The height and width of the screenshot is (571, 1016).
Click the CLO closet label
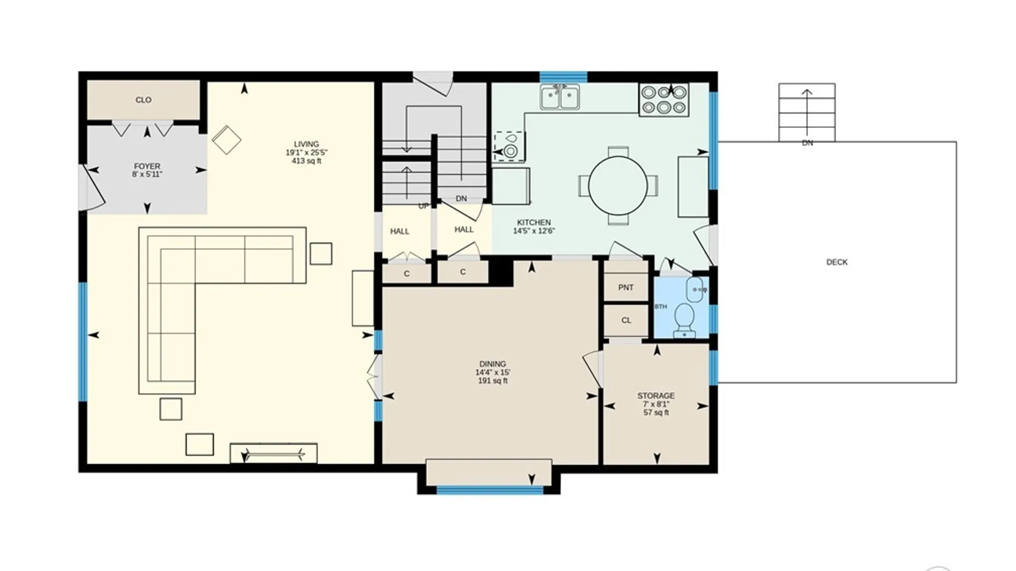pyautogui.click(x=143, y=100)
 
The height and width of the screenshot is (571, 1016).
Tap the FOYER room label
pyautogui.click(x=147, y=166)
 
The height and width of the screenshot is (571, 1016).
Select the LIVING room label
pyautogui.click(x=306, y=144)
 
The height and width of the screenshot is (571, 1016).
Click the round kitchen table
pyautogui.click(x=618, y=186)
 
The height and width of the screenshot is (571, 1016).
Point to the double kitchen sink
pyautogui.click(x=560, y=97)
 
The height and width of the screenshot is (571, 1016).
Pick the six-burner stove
pyautogui.click(x=664, y=100)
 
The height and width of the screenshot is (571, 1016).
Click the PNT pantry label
pyautogui.click(x=626, y=288)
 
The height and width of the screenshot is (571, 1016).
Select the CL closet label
pyautogui.click(x=627, y=320)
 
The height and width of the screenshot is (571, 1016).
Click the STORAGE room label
pyautogui.click(x=656, y=395)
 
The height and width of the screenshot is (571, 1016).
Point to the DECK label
pyautogui.click(x=837, y=262)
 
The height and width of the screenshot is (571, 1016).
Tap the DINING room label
pyautogui.click(x=493, y=364)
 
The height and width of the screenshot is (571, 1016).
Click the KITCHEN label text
pyautogui.click(x=534, y=223)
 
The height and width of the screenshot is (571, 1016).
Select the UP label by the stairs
pyautogui.click(x=423, y=206)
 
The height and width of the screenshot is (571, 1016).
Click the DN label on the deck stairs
pyautogui.click(x=808, y=143)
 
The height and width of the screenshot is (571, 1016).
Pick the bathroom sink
pyautogui.click(x=696, y=290)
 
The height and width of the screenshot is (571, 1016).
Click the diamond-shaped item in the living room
pyautogui.click(x=226, y=140)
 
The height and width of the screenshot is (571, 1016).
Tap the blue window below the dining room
pyautogui.click(x=490, y=490)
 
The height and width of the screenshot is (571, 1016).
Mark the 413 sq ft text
pyautogui.click(x=306, y=161)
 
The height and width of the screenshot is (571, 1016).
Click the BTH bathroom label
pyautogui.click(x=661, y=307)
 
